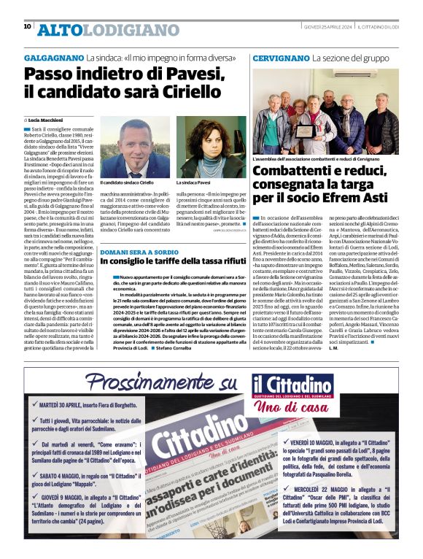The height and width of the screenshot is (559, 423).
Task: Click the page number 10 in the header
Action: point(27,26)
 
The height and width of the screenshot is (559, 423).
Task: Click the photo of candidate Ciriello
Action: point(134,146)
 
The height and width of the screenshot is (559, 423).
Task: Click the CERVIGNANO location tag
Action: point(280,57)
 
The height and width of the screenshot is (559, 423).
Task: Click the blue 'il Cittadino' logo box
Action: point(293,385)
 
